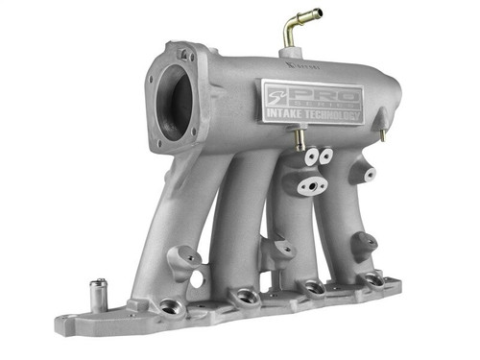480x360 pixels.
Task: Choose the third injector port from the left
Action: [311, 287]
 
